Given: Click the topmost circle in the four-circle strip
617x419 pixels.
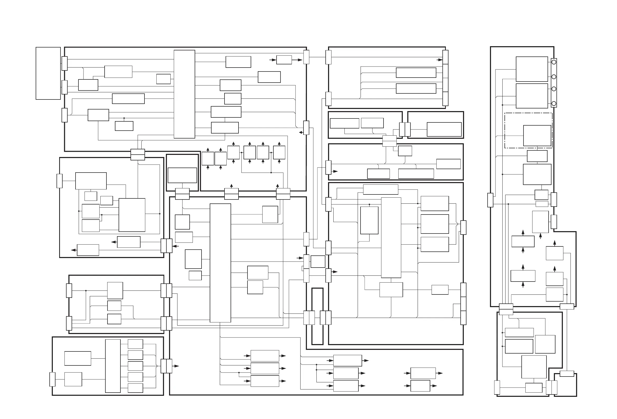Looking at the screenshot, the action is (554, 62).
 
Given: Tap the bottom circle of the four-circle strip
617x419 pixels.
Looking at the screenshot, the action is (554, 103).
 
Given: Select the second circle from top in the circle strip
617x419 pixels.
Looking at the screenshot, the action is (554, 77).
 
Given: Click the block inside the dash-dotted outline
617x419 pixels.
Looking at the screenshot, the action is (537, 136).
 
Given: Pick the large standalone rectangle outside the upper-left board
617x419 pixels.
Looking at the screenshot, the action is (48, 73).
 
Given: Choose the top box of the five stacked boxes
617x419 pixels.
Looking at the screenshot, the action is (135, 344).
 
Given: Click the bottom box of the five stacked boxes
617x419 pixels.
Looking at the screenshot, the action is (135, 388).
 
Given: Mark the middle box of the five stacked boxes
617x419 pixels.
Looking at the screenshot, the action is (135, 366).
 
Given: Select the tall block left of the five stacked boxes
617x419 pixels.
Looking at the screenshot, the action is (113, 366).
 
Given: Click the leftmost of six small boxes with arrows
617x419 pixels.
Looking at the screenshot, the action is (208, 158).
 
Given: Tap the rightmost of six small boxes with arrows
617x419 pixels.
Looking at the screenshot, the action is (279, 153).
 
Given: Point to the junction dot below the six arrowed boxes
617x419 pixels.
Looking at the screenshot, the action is (271, 173).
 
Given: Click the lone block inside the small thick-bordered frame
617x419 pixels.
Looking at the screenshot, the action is (183, 175).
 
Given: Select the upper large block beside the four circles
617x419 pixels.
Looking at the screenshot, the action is (532, 69).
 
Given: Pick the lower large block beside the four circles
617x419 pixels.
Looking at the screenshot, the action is (532, 96).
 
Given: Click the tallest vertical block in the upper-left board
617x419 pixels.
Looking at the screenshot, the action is (184, 94).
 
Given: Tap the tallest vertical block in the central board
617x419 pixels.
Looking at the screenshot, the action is (220, 263).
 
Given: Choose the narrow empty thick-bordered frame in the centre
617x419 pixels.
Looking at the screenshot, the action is (317, 316).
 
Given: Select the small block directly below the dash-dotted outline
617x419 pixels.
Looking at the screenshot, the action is (537, 156).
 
